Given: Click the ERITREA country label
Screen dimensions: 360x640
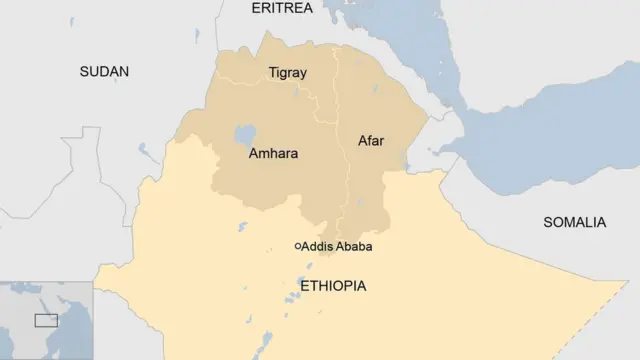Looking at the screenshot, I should [x=281, y=8].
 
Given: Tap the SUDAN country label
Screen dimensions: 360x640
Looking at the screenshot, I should [x=104, y=71].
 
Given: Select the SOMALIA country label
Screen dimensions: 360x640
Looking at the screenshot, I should [x=574, y=222].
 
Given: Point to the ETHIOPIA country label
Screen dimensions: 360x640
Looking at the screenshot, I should [x=332, y=286].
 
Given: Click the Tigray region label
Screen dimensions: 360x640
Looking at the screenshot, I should [x=287, y=73].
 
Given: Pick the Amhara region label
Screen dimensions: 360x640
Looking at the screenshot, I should [x=273, y=155].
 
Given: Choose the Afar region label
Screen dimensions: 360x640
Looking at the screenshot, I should [x=370, y=141].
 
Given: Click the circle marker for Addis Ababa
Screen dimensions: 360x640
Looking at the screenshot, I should [x=298, y=246].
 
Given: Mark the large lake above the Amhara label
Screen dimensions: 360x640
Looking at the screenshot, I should [x=245, y=134].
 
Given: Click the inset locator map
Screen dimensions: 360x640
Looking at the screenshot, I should [x=46, y=320].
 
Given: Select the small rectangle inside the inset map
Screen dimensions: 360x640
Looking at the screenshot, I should [x=46, y=320].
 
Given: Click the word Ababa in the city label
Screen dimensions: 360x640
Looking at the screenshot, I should [x=360, y=247].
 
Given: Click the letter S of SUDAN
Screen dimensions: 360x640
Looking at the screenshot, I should [x=84, y=71].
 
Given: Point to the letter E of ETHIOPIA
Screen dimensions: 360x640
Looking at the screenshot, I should [x=304, y=286].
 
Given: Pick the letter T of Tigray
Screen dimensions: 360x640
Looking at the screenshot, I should [x=272, y=73].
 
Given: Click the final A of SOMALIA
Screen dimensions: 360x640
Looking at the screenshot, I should [x=601, y=222].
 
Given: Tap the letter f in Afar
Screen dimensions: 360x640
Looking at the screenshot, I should [x=369, y=141].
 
